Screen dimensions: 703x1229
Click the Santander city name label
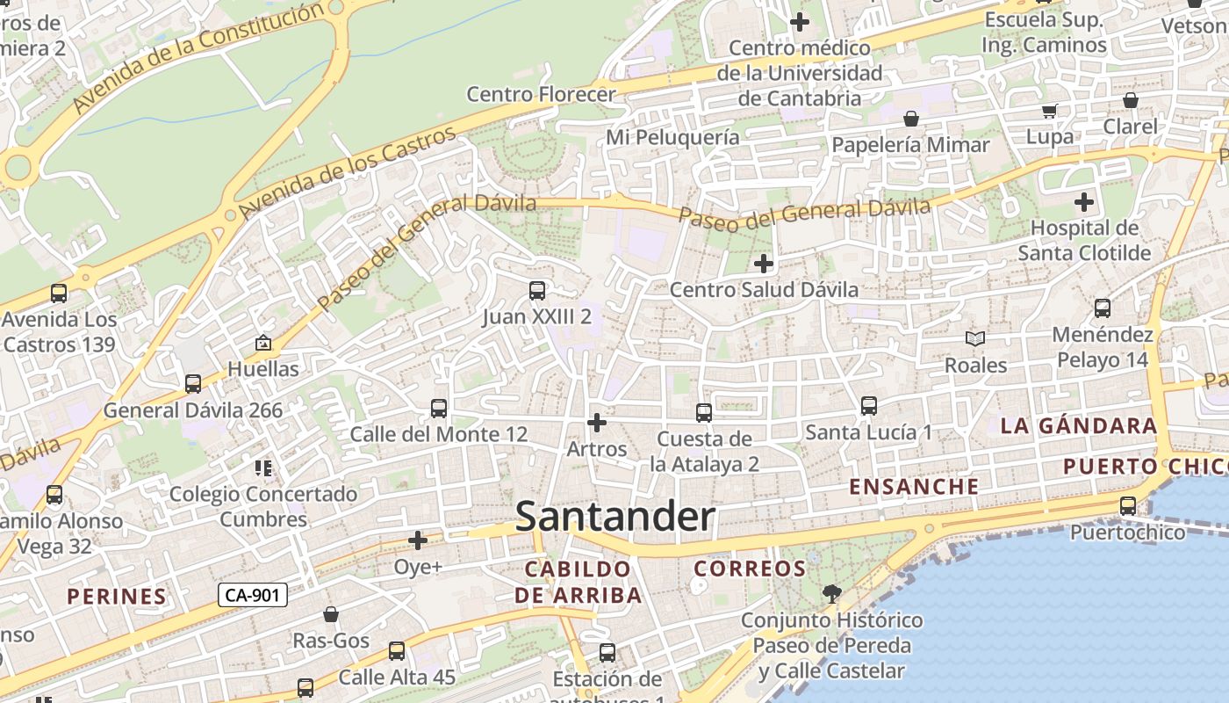(614, 517)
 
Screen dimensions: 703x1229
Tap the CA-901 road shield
(252, 595)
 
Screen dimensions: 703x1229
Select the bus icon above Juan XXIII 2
(537, 291)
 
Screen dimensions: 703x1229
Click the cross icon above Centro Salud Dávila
(764, 263)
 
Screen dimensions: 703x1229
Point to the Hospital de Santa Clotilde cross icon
(1084, 202)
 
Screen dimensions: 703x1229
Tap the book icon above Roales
(974, 338)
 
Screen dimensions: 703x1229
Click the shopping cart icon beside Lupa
(1050, 111)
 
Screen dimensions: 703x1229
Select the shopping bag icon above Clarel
(1131, 100)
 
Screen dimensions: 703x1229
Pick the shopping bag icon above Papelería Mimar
(911, 119)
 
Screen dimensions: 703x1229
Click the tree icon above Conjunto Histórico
(831, 594)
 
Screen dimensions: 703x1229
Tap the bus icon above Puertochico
(1128, 506)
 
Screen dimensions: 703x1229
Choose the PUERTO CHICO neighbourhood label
(1145, 466)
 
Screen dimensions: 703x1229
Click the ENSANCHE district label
(914, 487)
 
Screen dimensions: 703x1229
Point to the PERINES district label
(117, 597)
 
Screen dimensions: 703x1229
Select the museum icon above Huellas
(262, 343)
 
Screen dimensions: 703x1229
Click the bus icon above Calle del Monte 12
(439, 409)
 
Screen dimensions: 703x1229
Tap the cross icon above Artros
(597, 424)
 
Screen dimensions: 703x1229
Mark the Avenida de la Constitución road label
(198, 58)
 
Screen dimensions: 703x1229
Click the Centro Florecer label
(541, 94)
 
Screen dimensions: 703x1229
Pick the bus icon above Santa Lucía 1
(869, 406)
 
